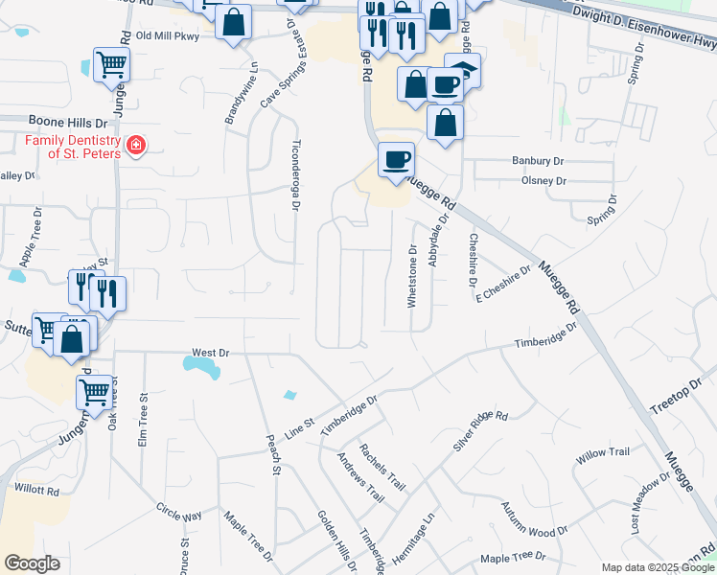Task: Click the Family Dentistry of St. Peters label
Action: [72, 147]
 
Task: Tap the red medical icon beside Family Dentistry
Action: [136, 147]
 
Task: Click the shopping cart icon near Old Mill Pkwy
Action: [111, 65]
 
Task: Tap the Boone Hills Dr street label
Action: [55, 123]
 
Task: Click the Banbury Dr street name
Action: [538, 161]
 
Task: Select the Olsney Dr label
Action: [544, 180]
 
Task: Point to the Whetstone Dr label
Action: [412, 276]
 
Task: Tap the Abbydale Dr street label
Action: [440, 243]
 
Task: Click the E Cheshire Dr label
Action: [503, 284]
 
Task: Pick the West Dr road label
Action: [211, 353]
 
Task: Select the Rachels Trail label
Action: [382, 467]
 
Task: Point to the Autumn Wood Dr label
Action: [535, 530]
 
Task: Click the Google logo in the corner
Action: [32, 563]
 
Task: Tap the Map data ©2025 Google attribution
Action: [657, 567]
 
